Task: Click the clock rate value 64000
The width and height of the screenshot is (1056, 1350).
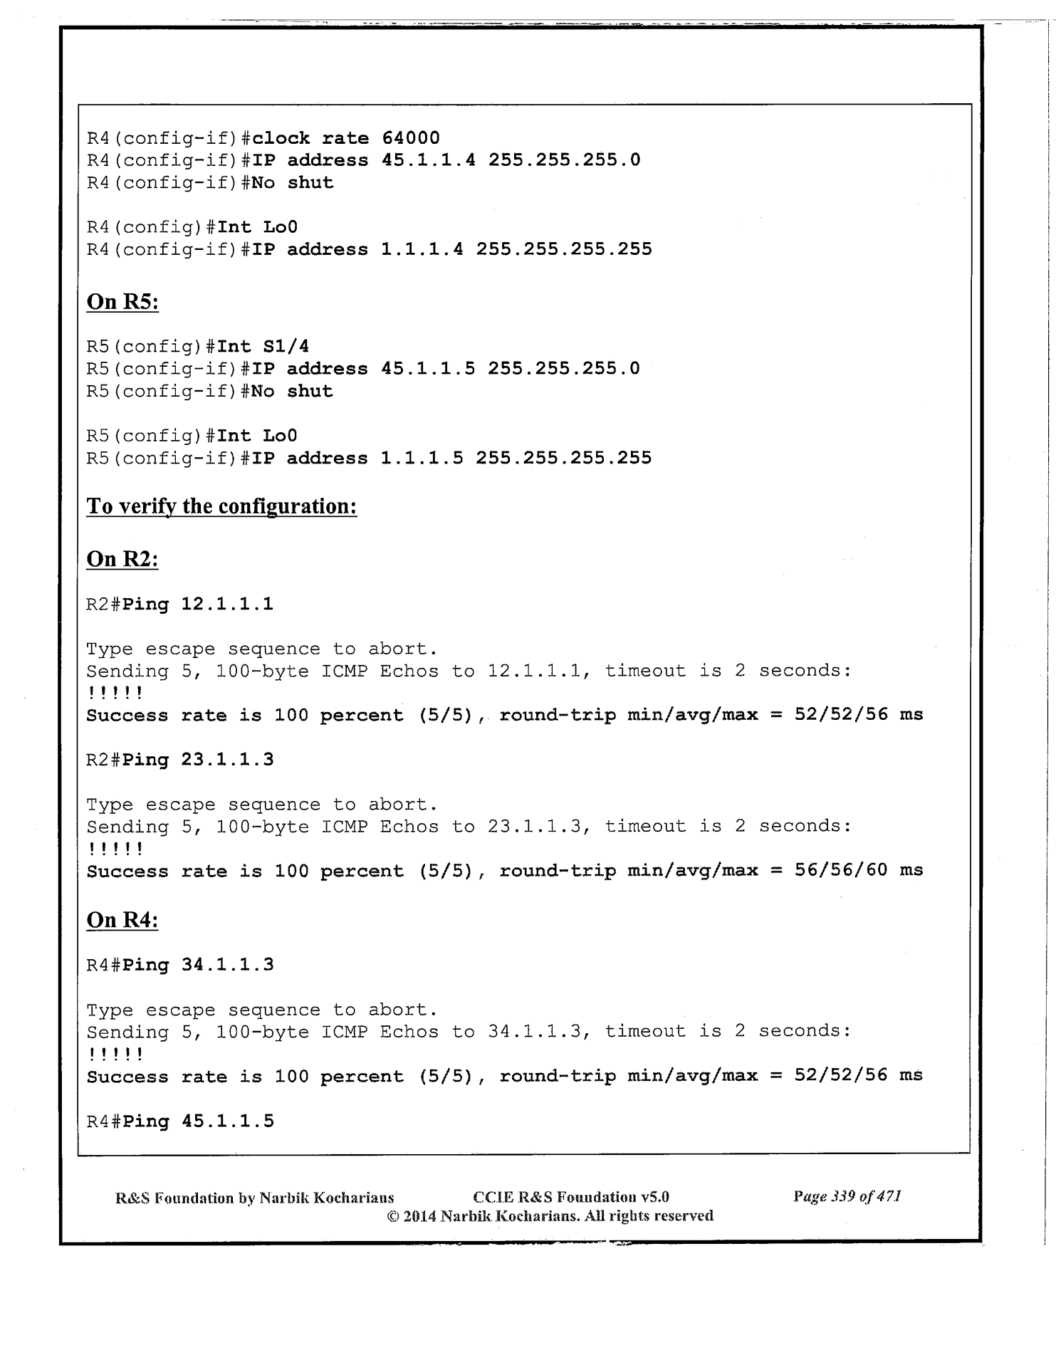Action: click(411, 137)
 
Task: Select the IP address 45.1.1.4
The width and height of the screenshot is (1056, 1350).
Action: click(429, 160)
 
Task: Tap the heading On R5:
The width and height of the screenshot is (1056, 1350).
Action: click(122, 302)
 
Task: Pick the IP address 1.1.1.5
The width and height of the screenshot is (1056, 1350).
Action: click(422, 458)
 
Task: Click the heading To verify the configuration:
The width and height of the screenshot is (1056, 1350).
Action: click(221, 506)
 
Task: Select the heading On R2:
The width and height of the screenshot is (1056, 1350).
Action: click(122, 560)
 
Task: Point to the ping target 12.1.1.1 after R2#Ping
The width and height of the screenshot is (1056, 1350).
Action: click(227, 605)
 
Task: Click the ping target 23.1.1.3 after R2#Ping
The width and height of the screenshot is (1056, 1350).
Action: click(227, 760)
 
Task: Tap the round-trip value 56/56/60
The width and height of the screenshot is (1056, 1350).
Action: click(841, 870)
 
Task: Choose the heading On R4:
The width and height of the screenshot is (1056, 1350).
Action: click(122, 920)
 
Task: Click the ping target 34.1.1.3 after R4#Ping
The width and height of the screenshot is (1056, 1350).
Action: click(227, 966)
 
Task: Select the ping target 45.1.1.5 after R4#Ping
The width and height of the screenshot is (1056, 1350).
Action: click(227, 1121)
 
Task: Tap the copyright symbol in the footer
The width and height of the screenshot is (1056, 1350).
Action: click(392, 1216)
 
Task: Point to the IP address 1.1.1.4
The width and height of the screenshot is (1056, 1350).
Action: click(422, 249)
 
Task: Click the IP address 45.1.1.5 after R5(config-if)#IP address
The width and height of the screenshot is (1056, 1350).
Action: click(428, 369)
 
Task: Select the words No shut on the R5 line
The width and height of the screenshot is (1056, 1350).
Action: click(292, 392)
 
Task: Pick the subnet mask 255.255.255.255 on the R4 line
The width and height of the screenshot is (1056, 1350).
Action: click(564, 249)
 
